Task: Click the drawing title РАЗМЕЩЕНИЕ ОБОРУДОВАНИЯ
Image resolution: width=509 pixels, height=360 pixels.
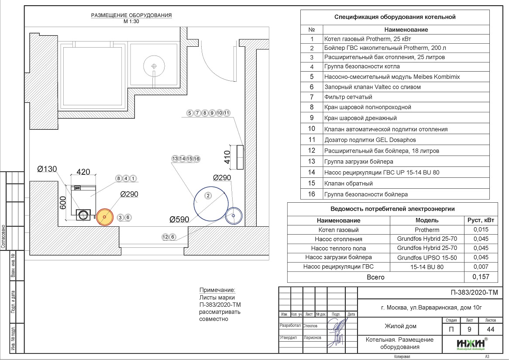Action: click(131, 15)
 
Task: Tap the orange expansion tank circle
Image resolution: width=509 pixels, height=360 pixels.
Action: click(104, 217)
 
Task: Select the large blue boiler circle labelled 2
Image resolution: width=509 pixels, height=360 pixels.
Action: click(211, 201)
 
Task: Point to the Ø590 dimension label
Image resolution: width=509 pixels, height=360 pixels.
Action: click(180, 220)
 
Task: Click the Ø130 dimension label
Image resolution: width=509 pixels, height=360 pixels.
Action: click(48, 170)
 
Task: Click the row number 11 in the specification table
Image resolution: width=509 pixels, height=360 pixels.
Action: click(312, 140)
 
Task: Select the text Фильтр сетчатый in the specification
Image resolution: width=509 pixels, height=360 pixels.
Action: click(348, 97)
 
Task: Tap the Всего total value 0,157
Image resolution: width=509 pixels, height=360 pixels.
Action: click(481, 277)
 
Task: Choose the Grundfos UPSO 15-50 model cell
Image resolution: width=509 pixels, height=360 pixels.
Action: click(427, 258)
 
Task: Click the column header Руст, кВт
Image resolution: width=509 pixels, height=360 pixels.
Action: click(481, 221)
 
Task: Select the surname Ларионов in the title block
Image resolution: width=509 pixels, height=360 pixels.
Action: click(312, 337)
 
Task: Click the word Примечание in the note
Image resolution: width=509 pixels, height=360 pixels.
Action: click(217, 291)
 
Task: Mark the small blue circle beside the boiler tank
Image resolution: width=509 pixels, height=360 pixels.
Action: click(234, 215)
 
